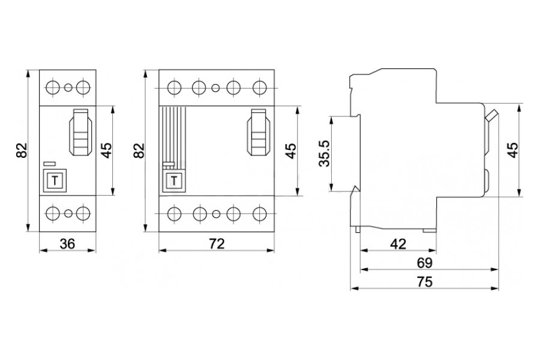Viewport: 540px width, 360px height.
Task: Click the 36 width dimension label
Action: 68,244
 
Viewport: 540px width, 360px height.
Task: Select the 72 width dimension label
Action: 216,244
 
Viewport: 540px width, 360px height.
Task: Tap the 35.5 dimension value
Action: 323,153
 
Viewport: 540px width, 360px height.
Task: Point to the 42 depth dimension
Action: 398,244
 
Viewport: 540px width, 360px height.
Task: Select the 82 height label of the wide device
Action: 139,150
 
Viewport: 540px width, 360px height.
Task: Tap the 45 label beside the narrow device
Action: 106,150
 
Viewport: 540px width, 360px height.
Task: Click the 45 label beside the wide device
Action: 290,150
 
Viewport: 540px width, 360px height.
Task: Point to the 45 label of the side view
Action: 513,150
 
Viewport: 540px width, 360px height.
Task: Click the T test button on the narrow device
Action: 55,180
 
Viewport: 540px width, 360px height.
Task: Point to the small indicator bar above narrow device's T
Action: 50,163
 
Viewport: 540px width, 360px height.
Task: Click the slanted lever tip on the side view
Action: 493,115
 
